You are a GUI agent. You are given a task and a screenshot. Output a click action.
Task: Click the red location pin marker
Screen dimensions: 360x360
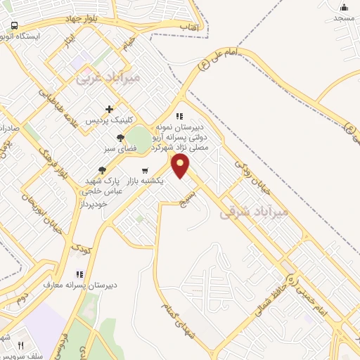181,167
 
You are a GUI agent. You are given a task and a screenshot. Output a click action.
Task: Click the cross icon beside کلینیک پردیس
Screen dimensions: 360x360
109,109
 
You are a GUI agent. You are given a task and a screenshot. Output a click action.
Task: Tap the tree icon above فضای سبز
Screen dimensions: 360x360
121,138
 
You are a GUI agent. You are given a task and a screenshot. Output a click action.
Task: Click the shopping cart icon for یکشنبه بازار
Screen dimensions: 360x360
145,170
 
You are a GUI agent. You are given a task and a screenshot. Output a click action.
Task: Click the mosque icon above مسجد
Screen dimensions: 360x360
344,6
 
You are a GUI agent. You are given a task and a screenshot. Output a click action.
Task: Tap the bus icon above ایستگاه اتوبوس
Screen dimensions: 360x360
13,25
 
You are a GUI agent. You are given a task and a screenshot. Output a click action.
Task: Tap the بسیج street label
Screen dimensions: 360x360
196,200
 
